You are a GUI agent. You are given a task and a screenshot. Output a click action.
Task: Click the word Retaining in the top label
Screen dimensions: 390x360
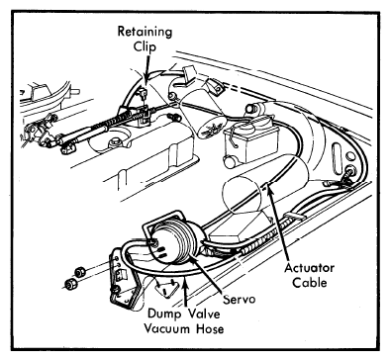pyautogui.click(x=145, y=32)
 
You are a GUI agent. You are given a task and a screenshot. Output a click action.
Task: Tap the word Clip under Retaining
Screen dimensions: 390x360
pyautogui.click(x=145, y=46)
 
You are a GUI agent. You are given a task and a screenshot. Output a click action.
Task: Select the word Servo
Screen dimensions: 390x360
pyautogui.click(x=240, y=299)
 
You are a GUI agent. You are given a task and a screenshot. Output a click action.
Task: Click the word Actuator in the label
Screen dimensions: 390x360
pyautogui.click(x=309, y=268)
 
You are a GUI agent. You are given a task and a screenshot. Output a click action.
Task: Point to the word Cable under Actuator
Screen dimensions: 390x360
pyautogui.click(x=310, y=283)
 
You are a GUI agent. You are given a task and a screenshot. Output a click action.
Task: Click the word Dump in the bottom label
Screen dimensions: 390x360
pyautogui.click(x=164, y=314)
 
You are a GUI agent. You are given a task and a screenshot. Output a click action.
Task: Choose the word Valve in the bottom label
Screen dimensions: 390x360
pyautogui.click(x=204, y=314)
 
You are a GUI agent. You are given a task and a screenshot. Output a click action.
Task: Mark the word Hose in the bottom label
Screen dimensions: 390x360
pyautogui.click(x=210, y=328)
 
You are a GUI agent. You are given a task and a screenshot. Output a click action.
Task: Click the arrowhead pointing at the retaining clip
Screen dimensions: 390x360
pyautogui.click(x=146, y=75)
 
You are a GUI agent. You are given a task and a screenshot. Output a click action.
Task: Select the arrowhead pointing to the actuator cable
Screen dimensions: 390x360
pyautogui.click(x=269, y=189)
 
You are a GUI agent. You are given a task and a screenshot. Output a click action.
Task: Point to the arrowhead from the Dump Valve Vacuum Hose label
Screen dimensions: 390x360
pyautogui.click(x=186, y=282)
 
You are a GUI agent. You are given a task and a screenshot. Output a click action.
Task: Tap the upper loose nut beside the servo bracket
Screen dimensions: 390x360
pyautogui.click(x=79, y=272)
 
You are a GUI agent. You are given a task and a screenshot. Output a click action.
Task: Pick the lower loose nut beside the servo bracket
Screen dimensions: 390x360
pyautogui.click(x=70, y=284)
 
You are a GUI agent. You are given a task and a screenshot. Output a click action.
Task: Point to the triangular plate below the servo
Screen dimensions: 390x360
pyautogui.click(x=166, y=286)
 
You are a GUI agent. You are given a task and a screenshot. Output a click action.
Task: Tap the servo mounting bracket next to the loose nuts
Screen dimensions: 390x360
pyautogui.click(x=123, y=276)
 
